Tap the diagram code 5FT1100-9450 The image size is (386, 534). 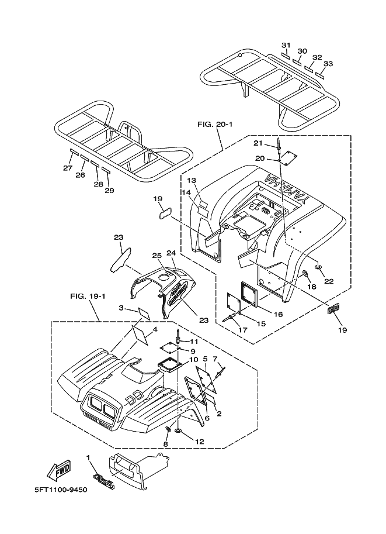pyautogui.click(x=57, y=490)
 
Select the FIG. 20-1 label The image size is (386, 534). pyautogui.click(x=215, y=125)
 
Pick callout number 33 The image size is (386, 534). pyautogui.click(x=328, y=64)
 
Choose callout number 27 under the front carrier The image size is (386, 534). pyautogui.click(x=68, y=168)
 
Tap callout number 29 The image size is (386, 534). pyautogui.click(x=109, y=191)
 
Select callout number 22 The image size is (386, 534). pyautogui.click(x=329, y=281)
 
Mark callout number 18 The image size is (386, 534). pyautogui.click(x=311, y=287)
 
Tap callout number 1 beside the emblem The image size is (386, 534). pyautogui.click(x=88, y=457)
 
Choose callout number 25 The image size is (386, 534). pyautogui.click(x=157, y=256)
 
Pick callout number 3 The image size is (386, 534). pyautogui.click(x=120, y=308)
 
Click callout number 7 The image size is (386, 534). pyautogui.click(x=215, y=359)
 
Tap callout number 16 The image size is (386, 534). pyautogui.click(x=277, y=315)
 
